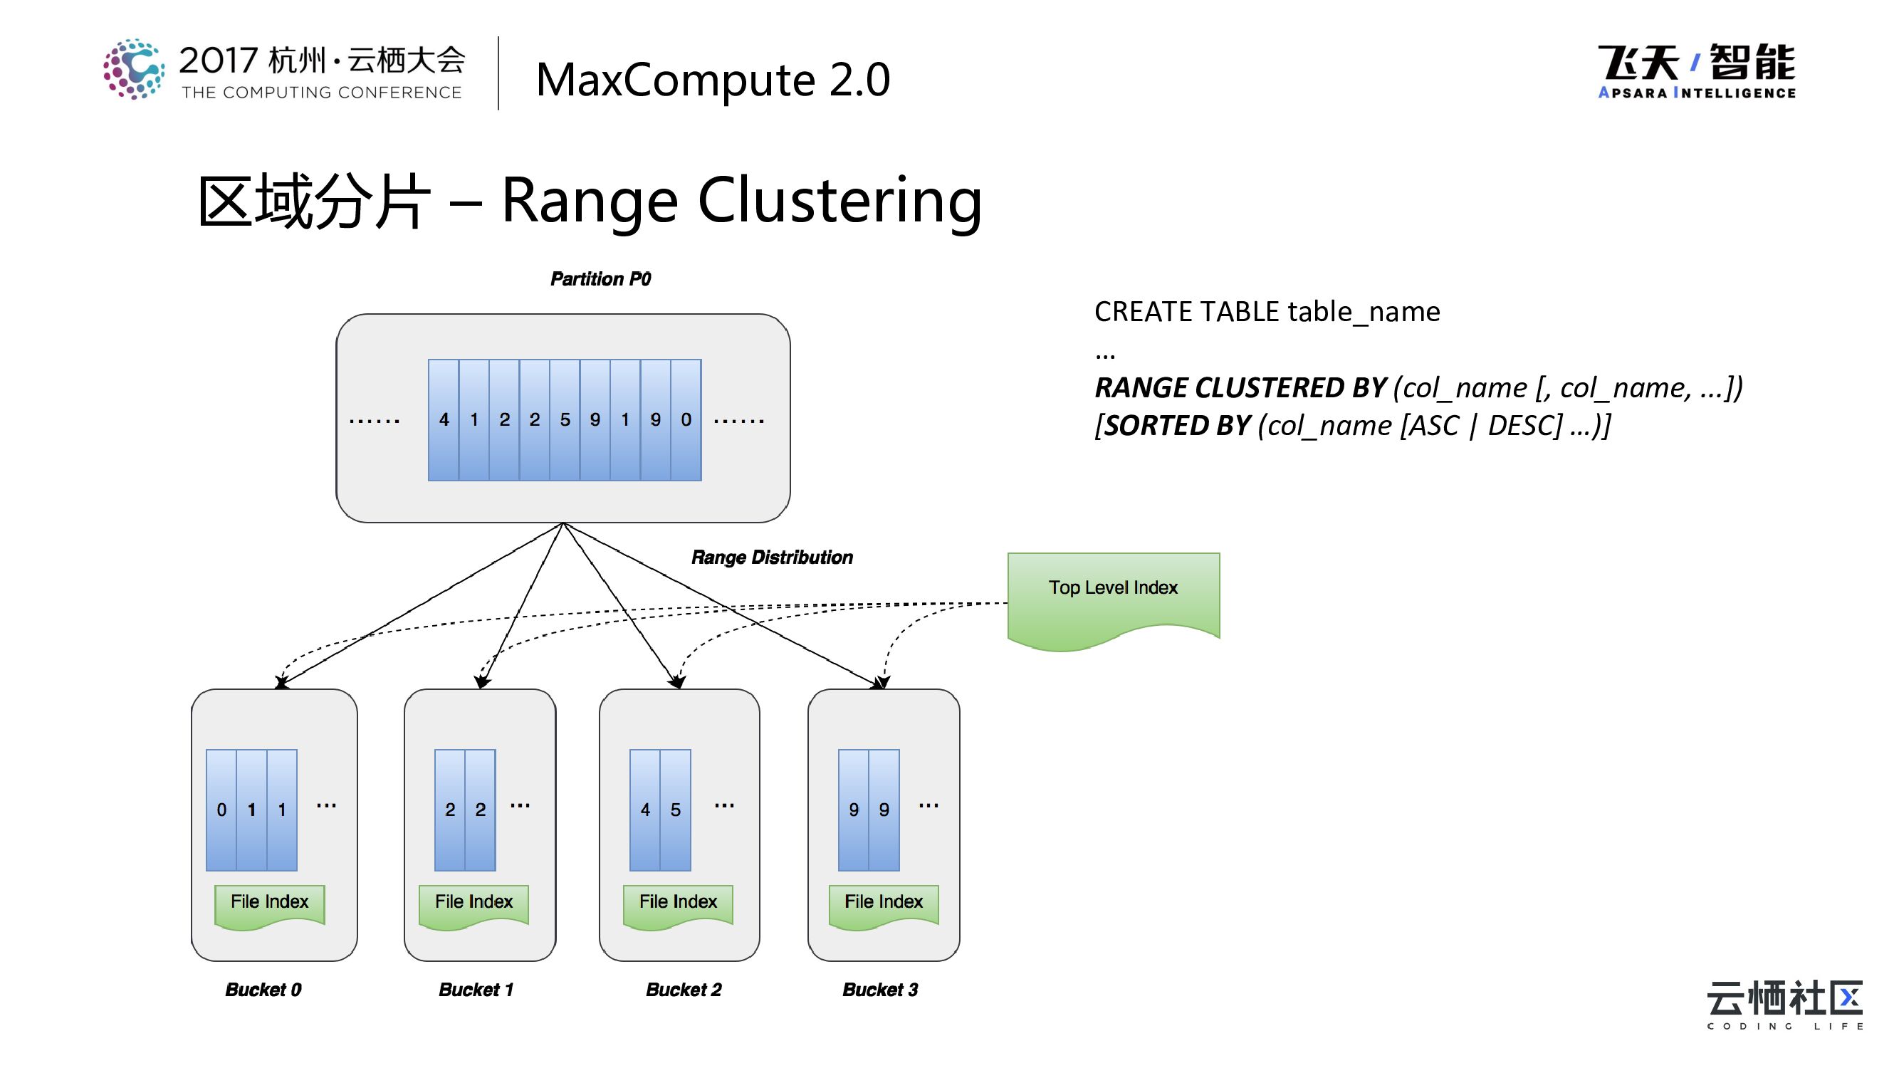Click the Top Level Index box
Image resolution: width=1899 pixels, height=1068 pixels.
coord(1113,598)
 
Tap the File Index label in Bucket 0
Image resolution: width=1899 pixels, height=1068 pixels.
coord(269,903)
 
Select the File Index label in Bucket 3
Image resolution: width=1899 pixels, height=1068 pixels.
coord(883,903)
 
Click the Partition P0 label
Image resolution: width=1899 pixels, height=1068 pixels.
coord(600,279)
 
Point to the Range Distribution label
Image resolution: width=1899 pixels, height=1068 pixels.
coord(772,557)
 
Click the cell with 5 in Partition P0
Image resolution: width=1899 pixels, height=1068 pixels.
coord(565,420)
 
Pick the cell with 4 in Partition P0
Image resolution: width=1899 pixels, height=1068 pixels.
coord(444,420)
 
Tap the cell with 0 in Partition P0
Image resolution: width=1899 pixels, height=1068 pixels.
coord(686,420)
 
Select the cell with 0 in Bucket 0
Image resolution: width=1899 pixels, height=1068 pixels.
coord(221,810)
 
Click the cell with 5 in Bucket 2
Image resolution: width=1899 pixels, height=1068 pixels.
coord(675,810)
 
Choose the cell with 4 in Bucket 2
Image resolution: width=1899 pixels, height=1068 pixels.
coord(645,810)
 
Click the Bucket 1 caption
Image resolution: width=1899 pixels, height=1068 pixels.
coord(476,990)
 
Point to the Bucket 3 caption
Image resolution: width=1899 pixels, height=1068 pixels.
coord(880,990)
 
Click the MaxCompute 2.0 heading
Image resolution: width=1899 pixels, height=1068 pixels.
coord(713,80)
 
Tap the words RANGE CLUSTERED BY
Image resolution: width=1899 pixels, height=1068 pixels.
coord(1240,389)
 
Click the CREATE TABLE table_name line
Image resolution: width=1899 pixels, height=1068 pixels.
coord(1267,312)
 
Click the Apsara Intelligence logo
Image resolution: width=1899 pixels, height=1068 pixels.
coord(1696,71)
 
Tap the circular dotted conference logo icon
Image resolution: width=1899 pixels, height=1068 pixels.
coord(133,69)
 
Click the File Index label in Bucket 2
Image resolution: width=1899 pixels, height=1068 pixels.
coord(677,903)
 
